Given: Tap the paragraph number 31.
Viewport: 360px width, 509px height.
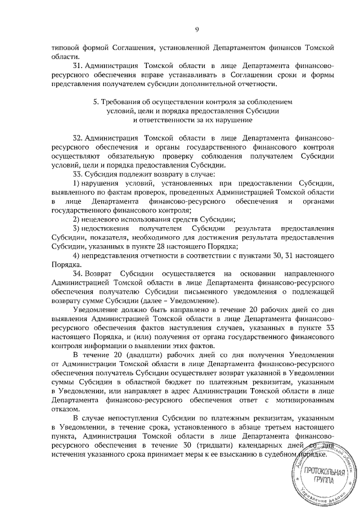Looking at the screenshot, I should point(79,65).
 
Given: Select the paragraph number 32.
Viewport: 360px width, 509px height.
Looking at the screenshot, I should point(79,138).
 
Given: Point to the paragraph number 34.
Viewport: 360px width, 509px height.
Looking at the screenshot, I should point(79,273).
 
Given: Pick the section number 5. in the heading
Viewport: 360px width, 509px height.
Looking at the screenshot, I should point(96,102).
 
